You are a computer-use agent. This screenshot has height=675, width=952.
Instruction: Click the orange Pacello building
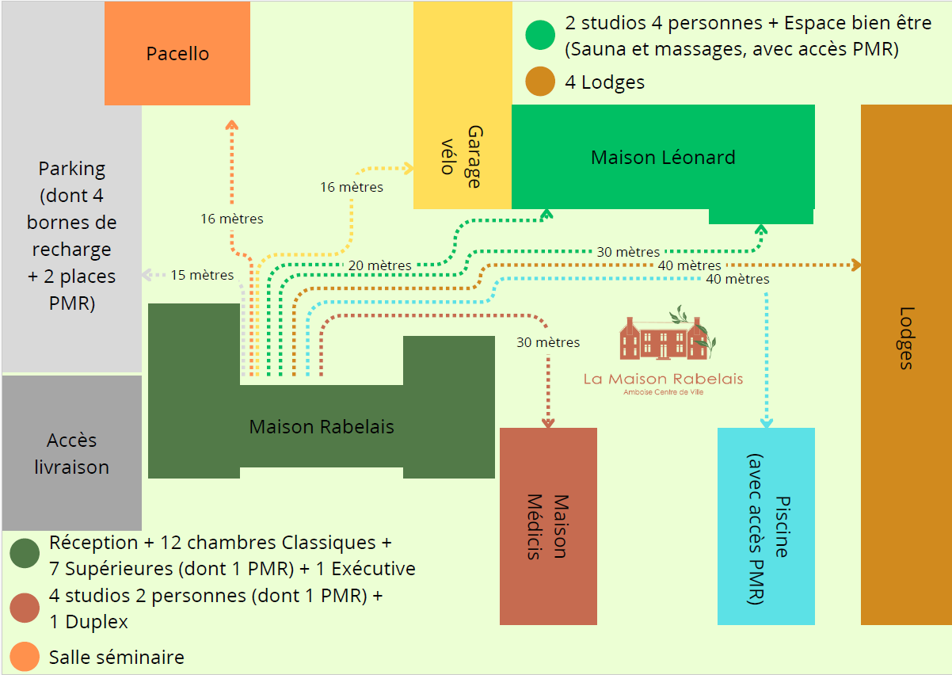(x=177, y=54)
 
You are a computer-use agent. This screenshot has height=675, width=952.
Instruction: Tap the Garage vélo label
(x=462, y=156)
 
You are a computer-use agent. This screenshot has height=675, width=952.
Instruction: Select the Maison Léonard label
(x=663, y=158)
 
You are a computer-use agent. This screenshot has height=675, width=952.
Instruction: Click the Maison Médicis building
(x=548, y=527)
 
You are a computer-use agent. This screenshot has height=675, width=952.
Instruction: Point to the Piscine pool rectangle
(x=766, y=527)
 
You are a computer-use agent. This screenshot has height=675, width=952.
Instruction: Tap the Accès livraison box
(x=71, y=453)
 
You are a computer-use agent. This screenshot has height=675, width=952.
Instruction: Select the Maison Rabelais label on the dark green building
(x=322, y=427)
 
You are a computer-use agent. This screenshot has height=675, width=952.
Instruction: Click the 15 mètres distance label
(x=202, y=276)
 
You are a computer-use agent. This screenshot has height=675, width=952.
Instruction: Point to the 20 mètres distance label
(x=379, y=265)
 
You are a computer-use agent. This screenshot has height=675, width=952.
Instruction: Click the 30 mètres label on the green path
(x=628, y=252)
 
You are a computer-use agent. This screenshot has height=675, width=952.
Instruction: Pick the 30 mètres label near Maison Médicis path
(x=548, y=343)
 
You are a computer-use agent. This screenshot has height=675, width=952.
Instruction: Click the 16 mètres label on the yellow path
(x=352, y=188)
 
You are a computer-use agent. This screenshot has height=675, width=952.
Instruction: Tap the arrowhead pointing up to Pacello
(x=232, y=124)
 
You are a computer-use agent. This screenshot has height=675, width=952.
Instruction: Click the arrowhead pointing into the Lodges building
(x=855, y=265)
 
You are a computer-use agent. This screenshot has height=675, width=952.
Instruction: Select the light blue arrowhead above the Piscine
(x=766, y=422)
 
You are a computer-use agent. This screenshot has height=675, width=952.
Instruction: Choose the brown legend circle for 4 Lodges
(x=540, y=82)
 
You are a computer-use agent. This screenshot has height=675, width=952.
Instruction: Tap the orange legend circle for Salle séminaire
(x=25, y=657)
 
